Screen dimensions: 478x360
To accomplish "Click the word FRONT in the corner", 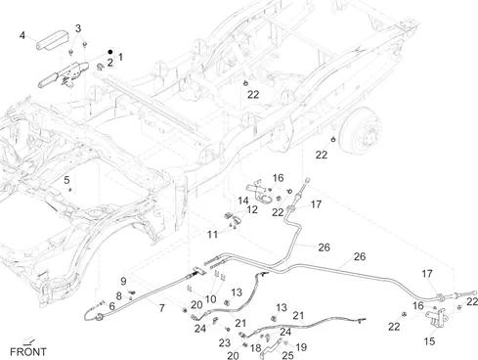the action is pyautogui.click(x=28, y=352).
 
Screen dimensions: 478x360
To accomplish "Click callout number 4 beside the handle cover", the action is pyautogui.click(x=22, y=35).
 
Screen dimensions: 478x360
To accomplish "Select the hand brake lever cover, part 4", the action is pyautogui.click(x=53, y=40).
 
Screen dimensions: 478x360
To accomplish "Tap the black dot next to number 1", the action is pyautogui.click(x=110, y=52).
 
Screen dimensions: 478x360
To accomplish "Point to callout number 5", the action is pyautogui.click(x=66, y=180).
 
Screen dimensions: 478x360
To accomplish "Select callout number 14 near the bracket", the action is pyautogui.click(x=243, y=201).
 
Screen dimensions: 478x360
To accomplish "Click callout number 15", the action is pyautogui.click(x=429, y=341).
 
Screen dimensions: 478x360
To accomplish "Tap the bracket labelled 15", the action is pyautogui.click(x=436, y=318).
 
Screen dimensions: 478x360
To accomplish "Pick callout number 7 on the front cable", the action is pyautogui.click(x=162, y=308).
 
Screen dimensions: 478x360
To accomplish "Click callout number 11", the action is pyautogui.click(x=212, y=234).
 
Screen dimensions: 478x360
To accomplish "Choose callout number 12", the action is pyautogui.click(x=252, y=209).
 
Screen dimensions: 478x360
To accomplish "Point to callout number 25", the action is pyautogui.click(x=287, y=355).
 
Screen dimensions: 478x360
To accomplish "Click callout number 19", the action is pyautogui.click(x=301, y=347).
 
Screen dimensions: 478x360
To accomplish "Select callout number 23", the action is pyautogui.click(x=225, y=342).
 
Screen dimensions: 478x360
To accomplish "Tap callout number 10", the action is pyautogui.click(x=210, y=299).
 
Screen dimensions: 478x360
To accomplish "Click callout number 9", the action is pyautogui.click(x=123, y=281).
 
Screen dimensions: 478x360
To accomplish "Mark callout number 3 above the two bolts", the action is pyautogui.click(x=78, y=28).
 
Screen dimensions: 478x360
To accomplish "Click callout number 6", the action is pyautogui.click(x=112, y=306).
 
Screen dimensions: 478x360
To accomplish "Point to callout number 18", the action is pyautogui.click(x=256, y=348).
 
